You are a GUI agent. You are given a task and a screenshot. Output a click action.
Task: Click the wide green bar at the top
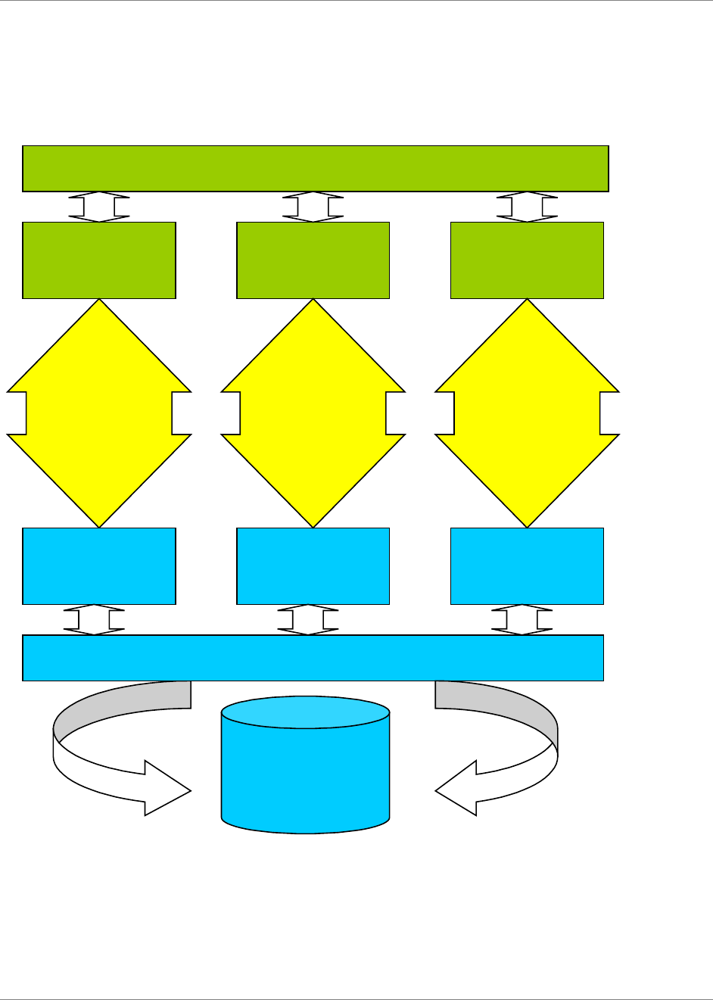315,168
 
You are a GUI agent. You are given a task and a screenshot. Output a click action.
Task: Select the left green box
99,260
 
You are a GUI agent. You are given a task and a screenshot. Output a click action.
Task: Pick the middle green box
313,260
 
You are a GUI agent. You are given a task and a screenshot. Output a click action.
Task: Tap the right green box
527,260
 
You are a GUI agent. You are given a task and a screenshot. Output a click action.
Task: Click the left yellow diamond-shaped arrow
99,413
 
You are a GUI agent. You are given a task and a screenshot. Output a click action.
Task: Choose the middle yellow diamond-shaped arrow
313,413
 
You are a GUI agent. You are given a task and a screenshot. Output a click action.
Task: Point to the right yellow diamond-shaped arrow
527,413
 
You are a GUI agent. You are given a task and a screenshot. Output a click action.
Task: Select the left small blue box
99,566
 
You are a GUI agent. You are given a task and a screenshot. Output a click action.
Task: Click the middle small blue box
313,566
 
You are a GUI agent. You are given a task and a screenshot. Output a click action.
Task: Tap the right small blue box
527,566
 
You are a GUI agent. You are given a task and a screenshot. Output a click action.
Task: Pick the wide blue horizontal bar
313,658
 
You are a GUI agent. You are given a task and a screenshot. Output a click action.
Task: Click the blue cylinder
305,772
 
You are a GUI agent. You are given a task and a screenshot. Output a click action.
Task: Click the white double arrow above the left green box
99,207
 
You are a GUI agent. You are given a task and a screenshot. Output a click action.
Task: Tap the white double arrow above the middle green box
313,207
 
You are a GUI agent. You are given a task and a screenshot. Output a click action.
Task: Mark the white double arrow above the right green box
527,207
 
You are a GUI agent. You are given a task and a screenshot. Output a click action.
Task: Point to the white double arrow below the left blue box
94,619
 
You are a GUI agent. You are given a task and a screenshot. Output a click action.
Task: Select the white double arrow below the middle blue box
308,619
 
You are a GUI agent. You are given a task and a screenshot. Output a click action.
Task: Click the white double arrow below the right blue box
522,619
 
